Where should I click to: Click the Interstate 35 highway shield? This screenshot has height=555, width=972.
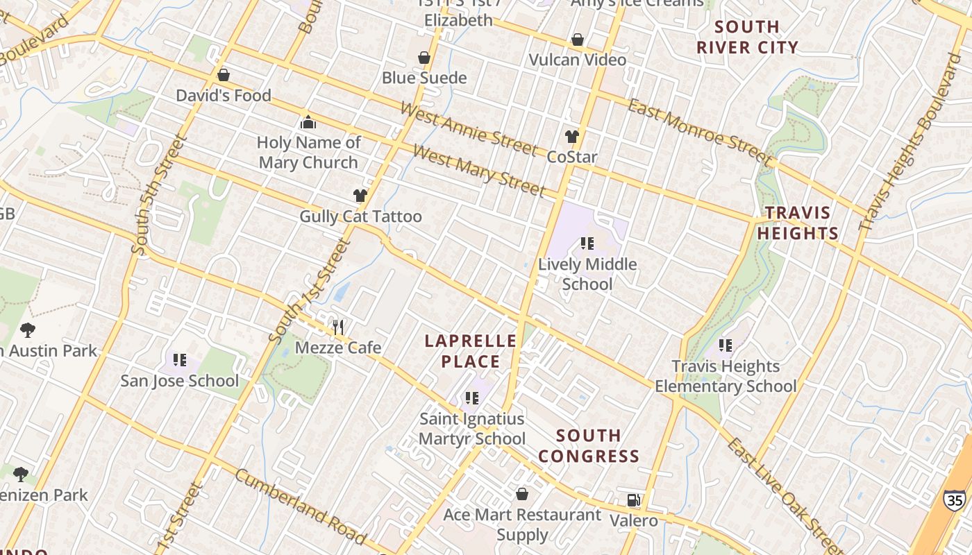click(x=954, y=499)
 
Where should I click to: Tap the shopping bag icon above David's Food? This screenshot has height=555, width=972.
click(x=224, y=75)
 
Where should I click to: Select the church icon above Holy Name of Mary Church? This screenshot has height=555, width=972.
click(x=308, y=123)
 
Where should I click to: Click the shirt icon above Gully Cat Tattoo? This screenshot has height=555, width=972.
click(x=360, y=196)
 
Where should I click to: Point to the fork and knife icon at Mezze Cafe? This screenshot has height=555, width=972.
click(x=338, y=327)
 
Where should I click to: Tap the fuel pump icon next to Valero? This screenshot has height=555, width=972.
click(x=633, y=499)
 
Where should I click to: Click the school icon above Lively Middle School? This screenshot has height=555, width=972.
click(x=587, y=244)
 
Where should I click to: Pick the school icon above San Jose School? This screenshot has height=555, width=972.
click(x=180, y=359)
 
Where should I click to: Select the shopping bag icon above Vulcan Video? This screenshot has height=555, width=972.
click(x=578, y=40)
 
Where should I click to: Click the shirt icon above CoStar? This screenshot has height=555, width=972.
click(x=572, y=137)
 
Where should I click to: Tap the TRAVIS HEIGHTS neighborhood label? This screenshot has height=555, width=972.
click(x=798, y=223)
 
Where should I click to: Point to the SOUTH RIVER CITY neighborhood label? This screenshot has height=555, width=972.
click(x=747, y=37)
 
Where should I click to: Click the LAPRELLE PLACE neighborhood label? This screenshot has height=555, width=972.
click(x=471, y=351)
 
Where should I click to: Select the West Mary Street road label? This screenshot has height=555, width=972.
click(x=479, y=170)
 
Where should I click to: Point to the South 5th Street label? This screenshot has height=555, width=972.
click(x=159, y=194)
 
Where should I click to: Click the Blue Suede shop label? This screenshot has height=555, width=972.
click(x=424, y=78)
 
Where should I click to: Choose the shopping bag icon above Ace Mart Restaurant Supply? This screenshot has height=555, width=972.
click(x=522, y=494)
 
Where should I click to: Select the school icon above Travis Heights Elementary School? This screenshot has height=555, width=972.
click(x=726, y=345)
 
